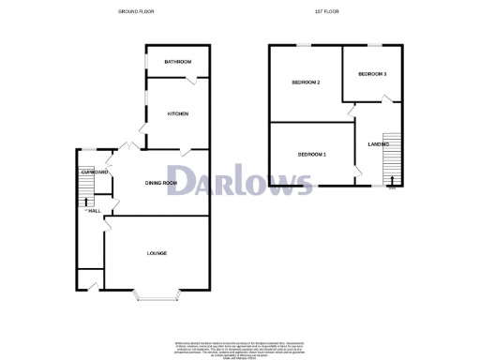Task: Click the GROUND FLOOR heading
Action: [136, 11]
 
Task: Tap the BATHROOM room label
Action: [177, 62]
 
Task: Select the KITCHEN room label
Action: [178, 114]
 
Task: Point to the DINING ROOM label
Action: [160, 183]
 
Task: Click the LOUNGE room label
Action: [157, 253]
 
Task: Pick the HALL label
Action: [94, 210]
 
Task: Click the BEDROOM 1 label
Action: [312, 154]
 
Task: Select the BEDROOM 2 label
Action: [307, 82]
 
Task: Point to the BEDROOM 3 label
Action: [372, 73]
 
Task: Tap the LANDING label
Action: [379, 144]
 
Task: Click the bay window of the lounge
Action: [157, 297]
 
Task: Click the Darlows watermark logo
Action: [240, 181]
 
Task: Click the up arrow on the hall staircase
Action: [83, 199]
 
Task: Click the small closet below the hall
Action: [90, 278]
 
